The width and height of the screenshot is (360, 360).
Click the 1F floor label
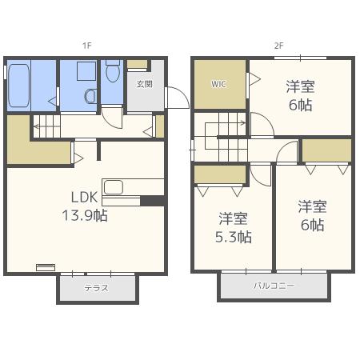click(87, 46)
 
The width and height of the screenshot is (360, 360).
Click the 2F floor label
click(278, 46)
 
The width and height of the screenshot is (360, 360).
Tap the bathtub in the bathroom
click(18, 86)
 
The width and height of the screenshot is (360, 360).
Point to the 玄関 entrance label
click(144, 84)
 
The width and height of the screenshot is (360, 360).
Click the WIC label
click(218, 84)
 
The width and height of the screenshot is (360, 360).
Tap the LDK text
click(84, 198)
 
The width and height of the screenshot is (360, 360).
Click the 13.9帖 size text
click(85, 215)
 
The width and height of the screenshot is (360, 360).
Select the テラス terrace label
click(97, 288)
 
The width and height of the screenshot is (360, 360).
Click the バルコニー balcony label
click(274, 286)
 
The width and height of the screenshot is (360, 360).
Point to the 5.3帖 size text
click(234, 237)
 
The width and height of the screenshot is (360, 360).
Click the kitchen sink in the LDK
click(114, 187)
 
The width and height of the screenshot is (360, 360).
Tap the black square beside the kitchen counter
click(152, 201)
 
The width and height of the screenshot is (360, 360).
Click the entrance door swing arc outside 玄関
click(182, 94)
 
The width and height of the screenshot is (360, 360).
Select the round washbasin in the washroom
click(90, 96)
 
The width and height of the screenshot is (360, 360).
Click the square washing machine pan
click(86, 71)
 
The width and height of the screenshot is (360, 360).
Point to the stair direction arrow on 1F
click(47, 126)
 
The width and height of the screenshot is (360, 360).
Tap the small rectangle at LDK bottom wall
click(46, 267)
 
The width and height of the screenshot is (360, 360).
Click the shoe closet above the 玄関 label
click(137, 64)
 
